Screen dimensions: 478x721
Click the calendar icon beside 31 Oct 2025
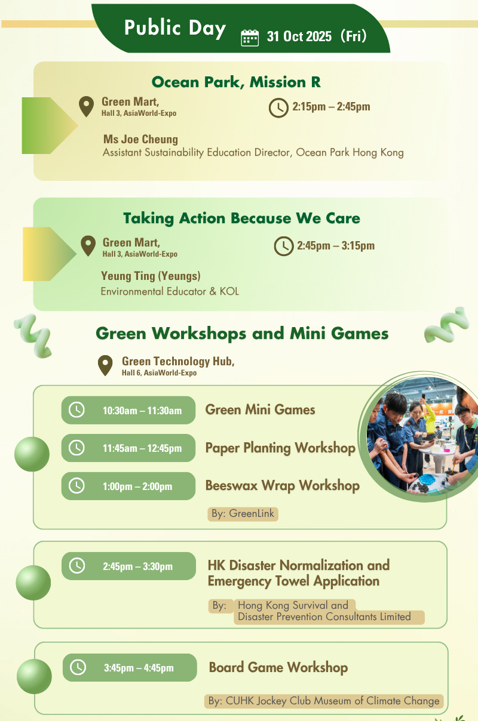(250, 38)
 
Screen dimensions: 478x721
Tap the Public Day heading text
(175, 28)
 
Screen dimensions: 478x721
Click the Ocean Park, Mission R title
(236, 82)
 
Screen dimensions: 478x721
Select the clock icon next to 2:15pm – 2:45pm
(278, 108)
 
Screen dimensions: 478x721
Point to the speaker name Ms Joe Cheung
(140, 140)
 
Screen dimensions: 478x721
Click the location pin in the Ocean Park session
(87, 106)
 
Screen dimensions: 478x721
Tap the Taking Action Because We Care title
(241, 218)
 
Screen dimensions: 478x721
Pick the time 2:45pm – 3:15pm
(336, 246)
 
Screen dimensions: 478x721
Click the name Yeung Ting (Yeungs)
(151, 276)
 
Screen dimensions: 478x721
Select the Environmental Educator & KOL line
(170, 291)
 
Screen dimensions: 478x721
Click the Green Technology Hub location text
(178, 366)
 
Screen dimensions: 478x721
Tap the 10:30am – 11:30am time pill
(128, 410)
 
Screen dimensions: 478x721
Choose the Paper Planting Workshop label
(280, 448)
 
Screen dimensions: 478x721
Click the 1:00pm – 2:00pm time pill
(128, 486)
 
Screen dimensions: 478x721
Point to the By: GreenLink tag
(243, 514)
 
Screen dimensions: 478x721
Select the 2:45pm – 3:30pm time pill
(128, 566)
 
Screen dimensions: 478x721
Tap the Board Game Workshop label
(278, 667)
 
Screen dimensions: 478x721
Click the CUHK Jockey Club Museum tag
(324, 701)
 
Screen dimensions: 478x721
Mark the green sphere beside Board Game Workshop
(34, 676)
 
